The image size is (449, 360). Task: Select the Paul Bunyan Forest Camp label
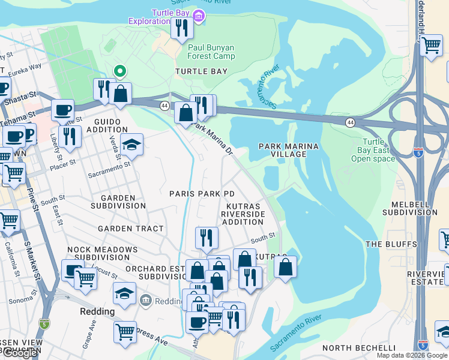pos(211,52)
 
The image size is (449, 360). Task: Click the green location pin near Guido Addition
pos(120,71)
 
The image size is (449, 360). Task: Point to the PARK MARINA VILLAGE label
pos(288,150)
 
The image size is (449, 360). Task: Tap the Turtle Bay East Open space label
pos(373,150)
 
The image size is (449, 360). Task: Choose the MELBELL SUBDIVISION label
pos(410,208)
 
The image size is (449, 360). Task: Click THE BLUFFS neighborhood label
pos(391,244)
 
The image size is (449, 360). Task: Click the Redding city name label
pos(97,312)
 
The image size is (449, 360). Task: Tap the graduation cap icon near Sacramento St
pos(131,145)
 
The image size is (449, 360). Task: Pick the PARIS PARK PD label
pos(202,194)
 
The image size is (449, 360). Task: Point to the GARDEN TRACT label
pos(131,229)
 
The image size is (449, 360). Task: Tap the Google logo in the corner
pos(19,353)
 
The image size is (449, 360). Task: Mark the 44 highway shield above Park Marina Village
pos(349,122)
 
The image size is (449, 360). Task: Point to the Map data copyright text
pos(412,355)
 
